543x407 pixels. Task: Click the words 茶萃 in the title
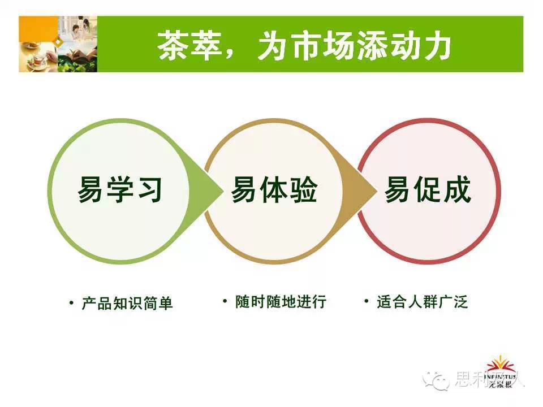pos(190,46)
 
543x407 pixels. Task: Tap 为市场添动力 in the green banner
pos(354,46)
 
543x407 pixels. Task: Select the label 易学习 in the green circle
pos(120,189)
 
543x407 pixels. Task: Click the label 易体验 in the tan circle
pos(274,189)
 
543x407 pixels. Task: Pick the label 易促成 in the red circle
pos(428,189)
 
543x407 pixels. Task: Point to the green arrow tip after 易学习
pos(223,190)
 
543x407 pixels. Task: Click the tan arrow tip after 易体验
pos(377,190)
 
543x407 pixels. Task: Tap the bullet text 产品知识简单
pos(127,304)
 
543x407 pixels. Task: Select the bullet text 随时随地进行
pos(281,302)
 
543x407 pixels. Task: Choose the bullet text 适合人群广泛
pos(422,302)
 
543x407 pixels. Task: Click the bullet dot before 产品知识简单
pos(71,303)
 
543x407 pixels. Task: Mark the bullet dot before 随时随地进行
pos(225,301)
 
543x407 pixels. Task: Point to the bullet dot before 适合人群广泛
pos(367,301)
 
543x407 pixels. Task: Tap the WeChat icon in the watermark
pos(436,380)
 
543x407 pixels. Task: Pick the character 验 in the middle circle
pos(303,189)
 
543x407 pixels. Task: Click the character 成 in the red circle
pos(457,189)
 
